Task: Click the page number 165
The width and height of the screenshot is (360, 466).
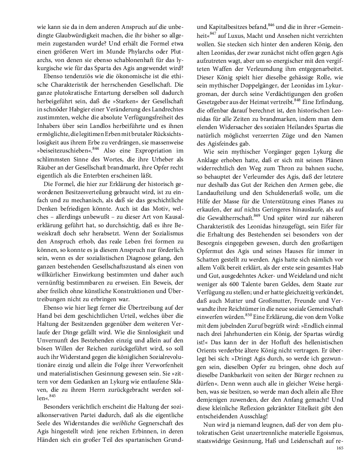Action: click(x=340, y=448)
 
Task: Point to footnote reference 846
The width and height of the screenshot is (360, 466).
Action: click(x=271, y=26)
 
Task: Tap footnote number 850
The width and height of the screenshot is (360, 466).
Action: click(x=248, y=315)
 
